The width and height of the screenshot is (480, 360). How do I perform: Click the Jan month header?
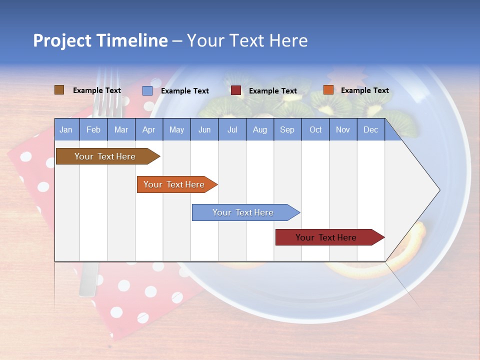pyautogui.click(x=66, y=130)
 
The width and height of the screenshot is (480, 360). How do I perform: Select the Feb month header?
pyautogui.click(x=93, y=130)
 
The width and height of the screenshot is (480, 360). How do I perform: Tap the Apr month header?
pyautogui.click(x=148, y=130)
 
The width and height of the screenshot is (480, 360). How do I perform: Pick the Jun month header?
pyautogui.click(x=204, y=130)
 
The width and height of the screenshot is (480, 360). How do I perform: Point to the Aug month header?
pyautogui.click(x=259, y=130)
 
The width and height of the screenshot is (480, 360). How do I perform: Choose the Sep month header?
pyautogui.click(x=287, y=130)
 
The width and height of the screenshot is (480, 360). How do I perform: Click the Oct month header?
pyautogui.click(x=315, y=130)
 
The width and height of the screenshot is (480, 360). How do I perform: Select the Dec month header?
pyautogui.click(x=370, y=130)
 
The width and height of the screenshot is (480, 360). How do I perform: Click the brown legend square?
pyautogui.click(x=59, y=90)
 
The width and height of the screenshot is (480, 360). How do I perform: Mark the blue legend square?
pyautogui.click(x=147, y=90)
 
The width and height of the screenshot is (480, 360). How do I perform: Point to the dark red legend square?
pyautogui.click(x=236, y=90)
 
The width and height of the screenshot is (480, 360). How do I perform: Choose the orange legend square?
pyautogui.click(x=328, y=90)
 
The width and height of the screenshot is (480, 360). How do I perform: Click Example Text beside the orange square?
pyautogui.click(x=364, y=90)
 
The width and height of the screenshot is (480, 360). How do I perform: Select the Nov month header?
pyautogui.click(x=343, y=130)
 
